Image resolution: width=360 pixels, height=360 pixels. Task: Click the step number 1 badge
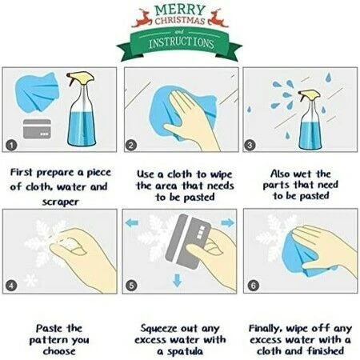pyautogui.click(x=11, y=146)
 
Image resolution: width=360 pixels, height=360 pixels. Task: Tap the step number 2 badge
pyautogui.click(x=130, y=146)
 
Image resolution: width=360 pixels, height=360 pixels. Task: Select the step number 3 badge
pyautogui.click(x=250, y=145)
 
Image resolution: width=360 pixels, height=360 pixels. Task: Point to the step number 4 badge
pyautogui.click(x=11, y=286)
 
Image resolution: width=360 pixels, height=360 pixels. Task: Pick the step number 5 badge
pyautogui.click(x=131, y=286)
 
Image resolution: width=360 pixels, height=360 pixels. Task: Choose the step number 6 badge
pyautogui.click(x=253, y=286)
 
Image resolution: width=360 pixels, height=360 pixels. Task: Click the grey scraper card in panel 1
pyautogui.click(x=37, y=129)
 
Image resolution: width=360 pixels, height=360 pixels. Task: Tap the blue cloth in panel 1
pyautogui.click(x=37, y=91)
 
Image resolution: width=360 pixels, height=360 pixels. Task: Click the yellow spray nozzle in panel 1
pyautogui.click(x=81, y=78)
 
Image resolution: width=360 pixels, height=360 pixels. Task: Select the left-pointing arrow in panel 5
pyautogui.click(x=132, y=222)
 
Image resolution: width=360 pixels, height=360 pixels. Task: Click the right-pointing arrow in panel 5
pyautogui.click(x=227, y=222)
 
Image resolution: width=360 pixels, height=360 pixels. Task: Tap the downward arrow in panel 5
pyautogui.click(x=178, y=281)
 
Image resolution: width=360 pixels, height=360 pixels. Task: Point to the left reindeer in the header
pyautogui.click(x=142, y=18)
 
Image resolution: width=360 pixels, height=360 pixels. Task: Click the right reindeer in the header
pyautogui.click(x=218, y=18)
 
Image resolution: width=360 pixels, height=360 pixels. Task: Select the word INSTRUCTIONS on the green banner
pyautogui.click(x=182, y=43)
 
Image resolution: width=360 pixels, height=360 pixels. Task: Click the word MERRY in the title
pyautogui.click(x=180, y=10)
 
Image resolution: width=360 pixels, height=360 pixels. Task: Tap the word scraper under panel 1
pyautogui.click(x=61, y=202)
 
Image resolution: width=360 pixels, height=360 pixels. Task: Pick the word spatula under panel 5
pyautogui.click(x=185, y=351)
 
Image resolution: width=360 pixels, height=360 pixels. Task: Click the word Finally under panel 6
pyautogui.click(x=266, y=329)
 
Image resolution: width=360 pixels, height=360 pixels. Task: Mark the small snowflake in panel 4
pyautogui.click(x=30, y=280)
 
